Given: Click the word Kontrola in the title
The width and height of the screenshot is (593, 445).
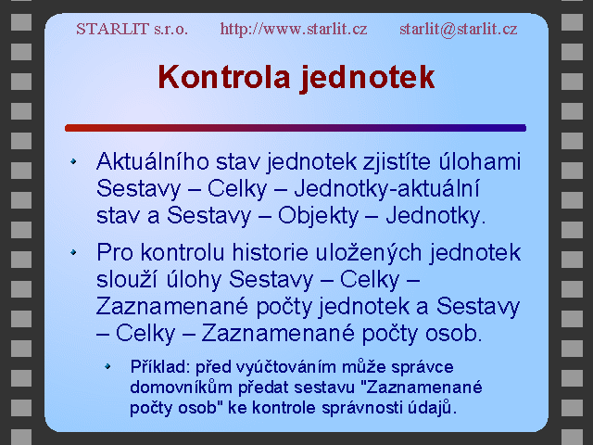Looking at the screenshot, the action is pos(224,77).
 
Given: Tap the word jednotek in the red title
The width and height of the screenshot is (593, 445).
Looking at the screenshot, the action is pos(367,78).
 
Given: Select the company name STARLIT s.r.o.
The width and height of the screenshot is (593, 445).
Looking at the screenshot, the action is pos(132,29).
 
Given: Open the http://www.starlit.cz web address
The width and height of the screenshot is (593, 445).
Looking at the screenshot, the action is pos(294,29).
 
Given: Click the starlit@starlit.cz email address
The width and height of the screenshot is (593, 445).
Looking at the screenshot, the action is pos(459,29).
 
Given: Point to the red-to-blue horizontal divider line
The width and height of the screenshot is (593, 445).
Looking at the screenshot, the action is pos(296,128).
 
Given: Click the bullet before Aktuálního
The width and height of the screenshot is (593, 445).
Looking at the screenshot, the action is pos(73,161).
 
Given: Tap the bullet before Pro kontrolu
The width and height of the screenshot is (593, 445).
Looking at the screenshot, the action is pos(73,252).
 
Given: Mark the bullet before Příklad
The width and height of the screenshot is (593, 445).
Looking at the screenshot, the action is pos(107,366).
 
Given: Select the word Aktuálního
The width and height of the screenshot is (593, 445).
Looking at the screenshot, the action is pos(153,161).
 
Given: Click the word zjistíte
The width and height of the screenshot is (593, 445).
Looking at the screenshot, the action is pos(397,162).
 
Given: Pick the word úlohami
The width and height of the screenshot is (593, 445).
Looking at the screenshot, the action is pos(480,161).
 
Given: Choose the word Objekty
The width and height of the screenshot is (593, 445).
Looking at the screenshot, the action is pos(318,216).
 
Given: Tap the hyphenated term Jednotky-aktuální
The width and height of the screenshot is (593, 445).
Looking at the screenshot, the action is pos(386,189).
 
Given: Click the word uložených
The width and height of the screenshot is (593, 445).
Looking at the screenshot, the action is pos(369,253).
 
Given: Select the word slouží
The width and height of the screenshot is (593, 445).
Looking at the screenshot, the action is pos(127,280).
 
